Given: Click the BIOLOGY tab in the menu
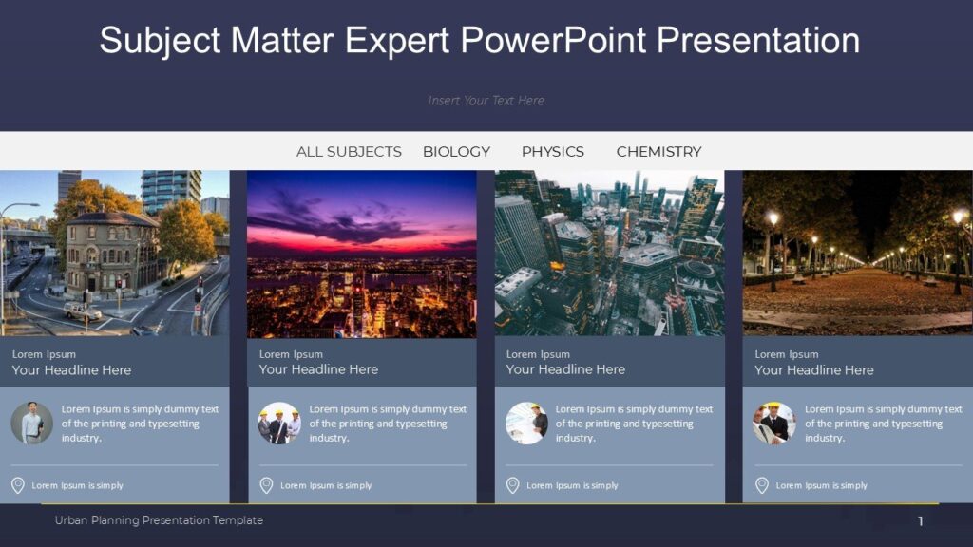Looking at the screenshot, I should [456, 152].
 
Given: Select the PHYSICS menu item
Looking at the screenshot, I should [552, 152].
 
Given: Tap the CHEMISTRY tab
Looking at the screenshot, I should [658, 152].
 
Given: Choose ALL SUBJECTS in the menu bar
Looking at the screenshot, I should [349, 152].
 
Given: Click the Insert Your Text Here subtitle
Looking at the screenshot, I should [486, 101].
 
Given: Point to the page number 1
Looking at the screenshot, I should [920, 521].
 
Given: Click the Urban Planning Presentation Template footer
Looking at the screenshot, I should [159, 520].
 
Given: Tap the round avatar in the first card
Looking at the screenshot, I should [32, 423].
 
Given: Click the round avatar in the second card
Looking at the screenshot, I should [279, 424].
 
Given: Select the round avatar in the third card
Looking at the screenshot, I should [526, 424].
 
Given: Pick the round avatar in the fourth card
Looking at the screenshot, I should [774, 424].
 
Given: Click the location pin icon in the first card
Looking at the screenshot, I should [17, 485].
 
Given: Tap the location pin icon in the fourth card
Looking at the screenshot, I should [762, 485].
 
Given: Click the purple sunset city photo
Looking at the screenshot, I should [361, 254].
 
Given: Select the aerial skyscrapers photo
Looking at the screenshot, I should [609, 254].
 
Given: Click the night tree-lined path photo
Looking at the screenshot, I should [857, 254].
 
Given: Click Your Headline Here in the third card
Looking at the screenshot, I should [565, 369].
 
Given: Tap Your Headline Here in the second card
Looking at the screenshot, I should [318, 369].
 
